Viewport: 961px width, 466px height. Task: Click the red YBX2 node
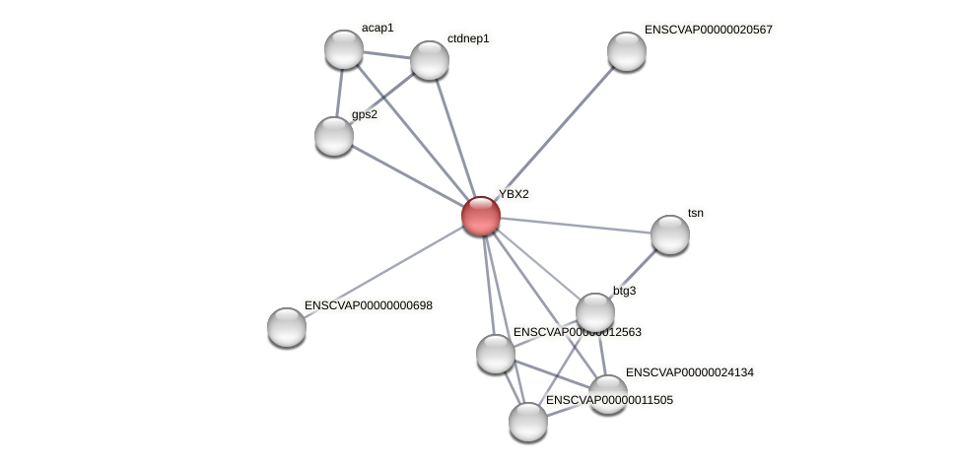481,216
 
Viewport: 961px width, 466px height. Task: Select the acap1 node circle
344,49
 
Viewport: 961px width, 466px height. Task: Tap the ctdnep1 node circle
430,60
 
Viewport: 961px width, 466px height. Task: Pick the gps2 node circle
334,136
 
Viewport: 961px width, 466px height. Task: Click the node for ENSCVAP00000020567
627,51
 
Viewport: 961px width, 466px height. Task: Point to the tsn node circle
670,234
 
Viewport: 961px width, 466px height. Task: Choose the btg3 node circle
595,312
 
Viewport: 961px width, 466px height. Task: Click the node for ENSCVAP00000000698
287,327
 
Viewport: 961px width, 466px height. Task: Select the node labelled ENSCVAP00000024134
608,394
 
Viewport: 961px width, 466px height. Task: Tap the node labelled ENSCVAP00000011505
528,422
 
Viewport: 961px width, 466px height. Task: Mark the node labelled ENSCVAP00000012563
496,354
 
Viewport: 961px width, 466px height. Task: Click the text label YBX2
514,194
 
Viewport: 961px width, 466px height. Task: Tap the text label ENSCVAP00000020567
708,30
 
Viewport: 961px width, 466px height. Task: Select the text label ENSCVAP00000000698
368,305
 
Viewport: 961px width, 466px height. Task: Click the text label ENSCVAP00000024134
689,372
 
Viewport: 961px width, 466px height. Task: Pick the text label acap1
378,28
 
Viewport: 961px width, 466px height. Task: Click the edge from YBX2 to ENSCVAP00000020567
554,133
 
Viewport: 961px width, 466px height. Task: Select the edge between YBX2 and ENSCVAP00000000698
384,271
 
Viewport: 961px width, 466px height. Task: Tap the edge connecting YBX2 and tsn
576,226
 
